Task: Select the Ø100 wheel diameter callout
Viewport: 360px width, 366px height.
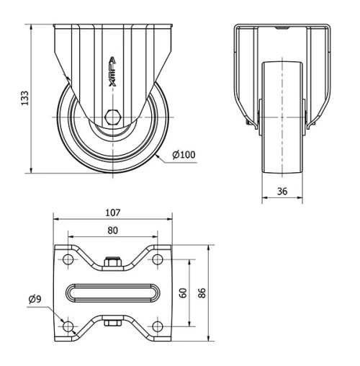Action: point(184,155)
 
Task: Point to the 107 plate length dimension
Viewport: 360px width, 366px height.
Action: point(112,213)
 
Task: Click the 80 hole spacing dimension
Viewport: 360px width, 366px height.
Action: point(112,231)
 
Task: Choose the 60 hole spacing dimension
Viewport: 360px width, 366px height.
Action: point(184,293)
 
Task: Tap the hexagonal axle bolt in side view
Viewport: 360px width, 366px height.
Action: point(112,117)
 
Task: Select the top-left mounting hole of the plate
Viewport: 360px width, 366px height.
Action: point(68,260)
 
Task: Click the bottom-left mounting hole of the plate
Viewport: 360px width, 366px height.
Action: point(68,326)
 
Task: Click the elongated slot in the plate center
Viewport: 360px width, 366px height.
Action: point(112,293)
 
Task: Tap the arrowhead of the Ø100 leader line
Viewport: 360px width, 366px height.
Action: point(156,163)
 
